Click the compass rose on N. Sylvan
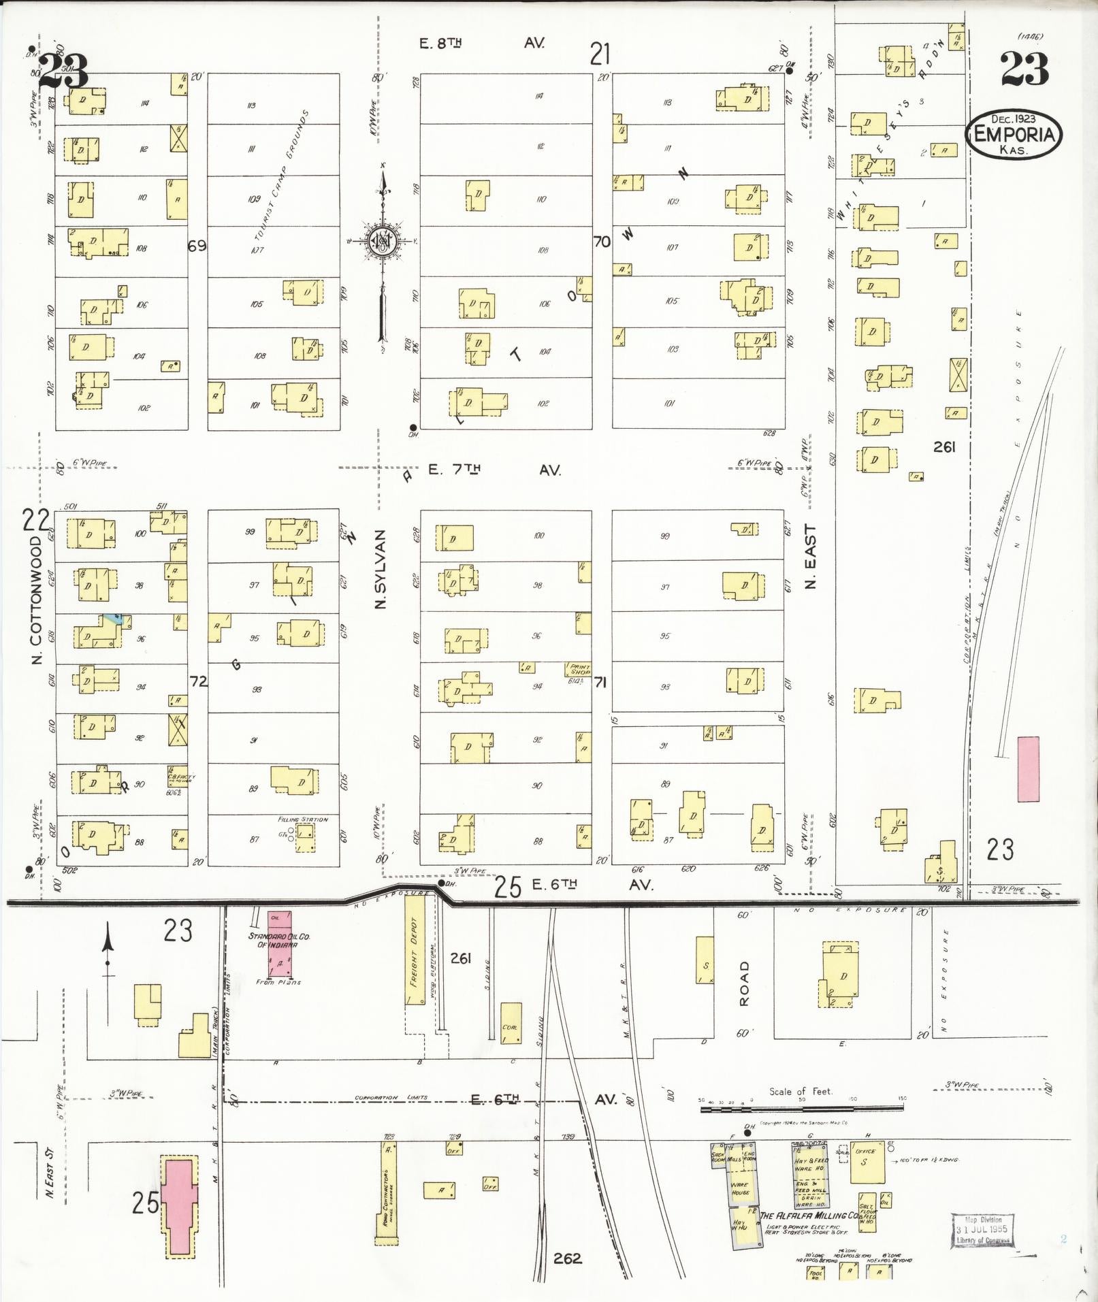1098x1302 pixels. pyautogui.click(x=383, y=242)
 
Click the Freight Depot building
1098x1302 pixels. pyautogui.click(x=415, y=950)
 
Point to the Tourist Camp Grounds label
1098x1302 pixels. pyautogui.click(x=280, y=176)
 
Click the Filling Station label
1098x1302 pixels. pyautogui.click(x=303, y=819)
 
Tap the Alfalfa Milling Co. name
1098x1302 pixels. pyautogui.click(x=809, y=1216)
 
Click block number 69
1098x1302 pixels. pyautogui.click(x=197, y=246)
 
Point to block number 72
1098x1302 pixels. pyautogui.click(x=198, y=681)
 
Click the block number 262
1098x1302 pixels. pyautogui.click(x=567, y=1258)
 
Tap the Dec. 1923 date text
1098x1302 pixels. pyautogui.click(x=1013, y=118)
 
